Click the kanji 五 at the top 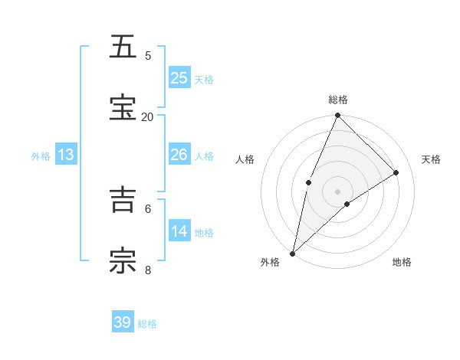coord(123,47)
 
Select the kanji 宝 coord(123,108)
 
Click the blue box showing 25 coord(179,77)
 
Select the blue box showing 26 coord(179,155)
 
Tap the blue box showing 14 coord(179,231)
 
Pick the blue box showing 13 coord(66,155)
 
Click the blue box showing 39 coord(123,322)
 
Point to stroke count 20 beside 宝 coord(147,116)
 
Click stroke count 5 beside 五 coord(148,55)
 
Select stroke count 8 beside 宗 coord(148,269)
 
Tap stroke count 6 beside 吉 coord(148,208)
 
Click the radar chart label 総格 coord(338,100)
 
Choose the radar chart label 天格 coord(432,159)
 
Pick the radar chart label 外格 coord(270,262)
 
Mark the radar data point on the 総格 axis coord(337,116)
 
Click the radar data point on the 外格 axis coord(292,253)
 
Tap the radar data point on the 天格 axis coord(396,173)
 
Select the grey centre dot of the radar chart coord(337,191)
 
